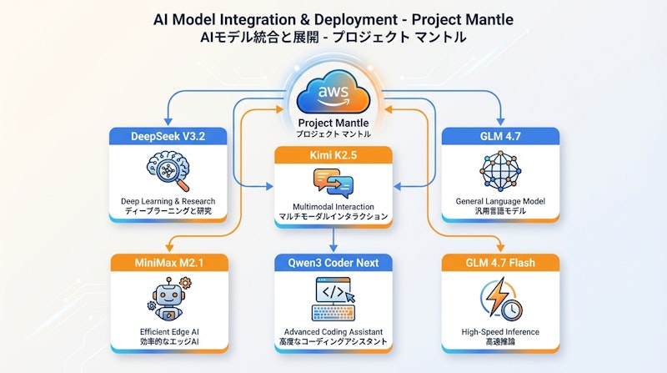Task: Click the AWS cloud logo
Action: click(333, 93)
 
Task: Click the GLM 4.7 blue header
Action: click(500, 136)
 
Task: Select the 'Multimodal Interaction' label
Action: click(333, 208)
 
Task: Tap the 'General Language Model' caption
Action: click(500, 201)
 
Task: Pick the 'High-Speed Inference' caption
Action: click(500, 331)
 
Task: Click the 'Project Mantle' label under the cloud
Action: click(333, 123)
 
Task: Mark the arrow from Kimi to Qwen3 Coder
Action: click(333, 239)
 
